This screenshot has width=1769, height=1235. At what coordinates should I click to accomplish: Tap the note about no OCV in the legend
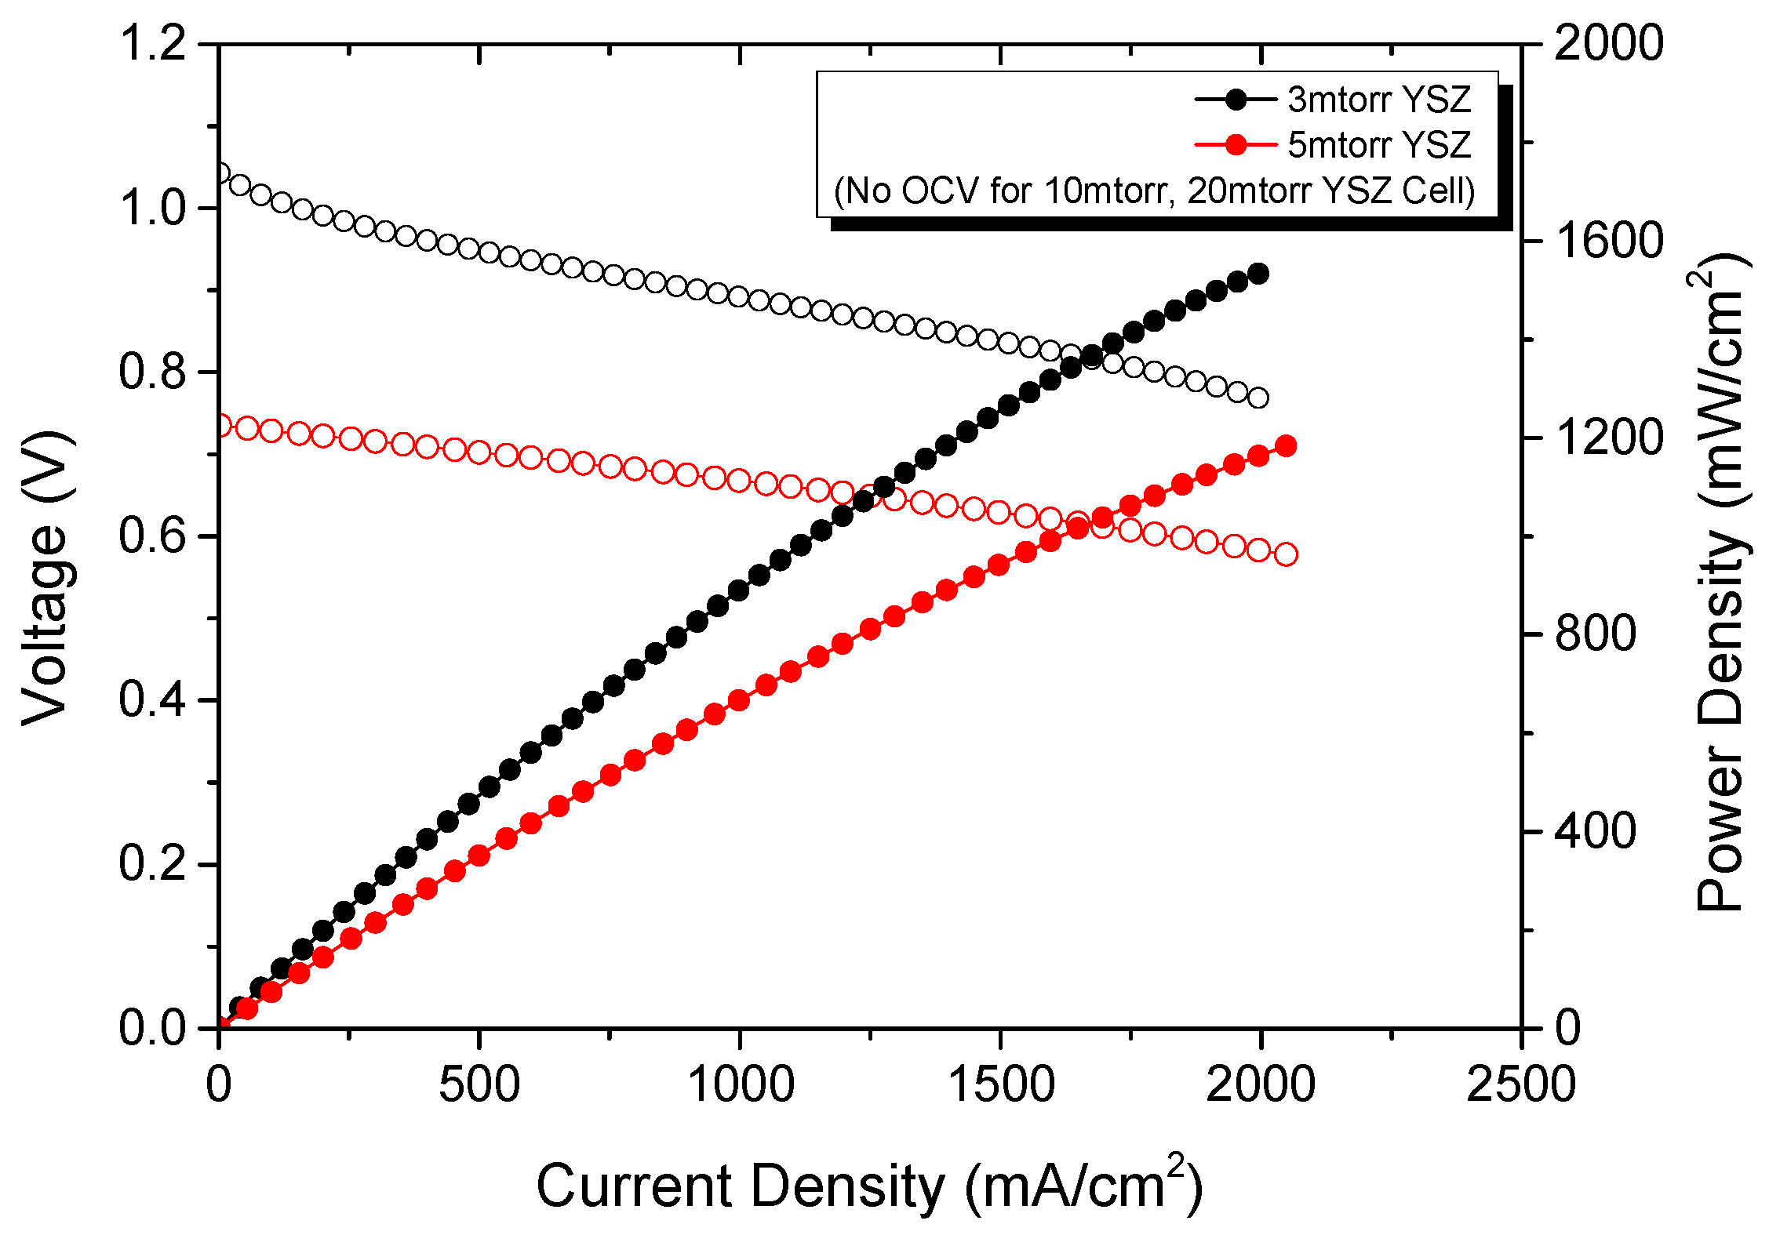1154,191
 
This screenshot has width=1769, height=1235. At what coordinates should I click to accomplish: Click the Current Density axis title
868,1186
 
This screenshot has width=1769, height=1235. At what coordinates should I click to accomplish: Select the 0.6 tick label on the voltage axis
153,536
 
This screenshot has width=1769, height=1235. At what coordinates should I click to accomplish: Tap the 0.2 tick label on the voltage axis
153,864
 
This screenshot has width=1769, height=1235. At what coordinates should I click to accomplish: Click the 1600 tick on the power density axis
1608,240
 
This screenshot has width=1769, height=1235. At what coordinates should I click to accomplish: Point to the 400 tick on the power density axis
1596,831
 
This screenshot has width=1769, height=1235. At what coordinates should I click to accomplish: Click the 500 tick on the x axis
479,1085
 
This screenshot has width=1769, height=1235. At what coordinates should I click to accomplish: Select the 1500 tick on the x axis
1000,1085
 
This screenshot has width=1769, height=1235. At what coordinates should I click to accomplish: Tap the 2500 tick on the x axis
1520,1085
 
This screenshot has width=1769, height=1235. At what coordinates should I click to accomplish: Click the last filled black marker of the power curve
1258,274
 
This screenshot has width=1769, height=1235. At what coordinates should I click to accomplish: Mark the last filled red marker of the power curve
1286,446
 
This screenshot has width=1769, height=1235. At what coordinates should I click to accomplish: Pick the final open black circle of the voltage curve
1258,398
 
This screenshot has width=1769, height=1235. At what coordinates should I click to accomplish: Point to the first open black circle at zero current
220,173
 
